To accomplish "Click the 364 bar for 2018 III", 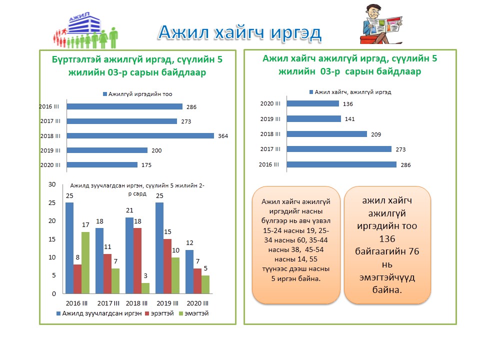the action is click(140, 135).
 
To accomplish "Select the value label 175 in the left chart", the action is click(146, 165).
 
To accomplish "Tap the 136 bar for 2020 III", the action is click(313, 104).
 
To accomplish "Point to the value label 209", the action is click(376, 134).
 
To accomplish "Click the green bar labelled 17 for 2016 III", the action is click(85, 262).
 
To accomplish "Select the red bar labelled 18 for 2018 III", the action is click(137, 261).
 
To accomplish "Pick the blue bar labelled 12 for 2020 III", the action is click(189, 272).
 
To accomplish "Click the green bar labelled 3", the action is click(145, 288).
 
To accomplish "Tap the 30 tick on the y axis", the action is click(52, 184).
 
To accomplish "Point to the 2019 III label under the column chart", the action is click(167, 303).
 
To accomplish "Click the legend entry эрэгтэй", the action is click(159, 313).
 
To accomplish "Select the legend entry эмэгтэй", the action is click(194, 313).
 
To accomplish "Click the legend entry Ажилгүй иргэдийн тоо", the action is click(138, 94).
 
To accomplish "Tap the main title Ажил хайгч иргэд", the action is click(239, 33).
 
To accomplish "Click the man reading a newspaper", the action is click(381, 24).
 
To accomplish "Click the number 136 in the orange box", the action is click(387, 239).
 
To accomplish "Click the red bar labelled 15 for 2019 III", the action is click(167, 266).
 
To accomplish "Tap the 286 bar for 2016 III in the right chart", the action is click(341, 164).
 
